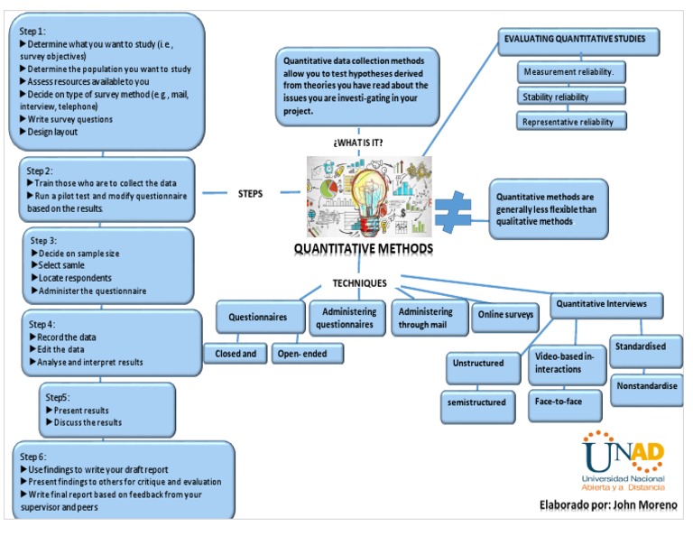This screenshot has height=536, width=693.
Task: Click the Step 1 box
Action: coord(106,80)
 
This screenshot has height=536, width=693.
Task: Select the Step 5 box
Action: coord(107,410)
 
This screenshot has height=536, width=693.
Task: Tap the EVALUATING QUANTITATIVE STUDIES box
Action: coord(580,42)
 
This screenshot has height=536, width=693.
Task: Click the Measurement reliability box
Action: coord(572,72)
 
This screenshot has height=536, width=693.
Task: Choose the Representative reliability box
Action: coord(572,121)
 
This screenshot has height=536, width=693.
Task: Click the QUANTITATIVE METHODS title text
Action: coord(363,249)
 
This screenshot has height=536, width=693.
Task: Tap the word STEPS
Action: coord(250,193)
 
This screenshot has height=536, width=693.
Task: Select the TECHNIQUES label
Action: coord(359,282)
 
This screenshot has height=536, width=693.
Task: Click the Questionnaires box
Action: coord(258,318)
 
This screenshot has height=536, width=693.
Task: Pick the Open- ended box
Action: coord(302,354)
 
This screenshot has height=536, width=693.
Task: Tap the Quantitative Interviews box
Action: coord(601,305)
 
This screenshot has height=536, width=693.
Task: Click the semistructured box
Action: coord(476,402)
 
